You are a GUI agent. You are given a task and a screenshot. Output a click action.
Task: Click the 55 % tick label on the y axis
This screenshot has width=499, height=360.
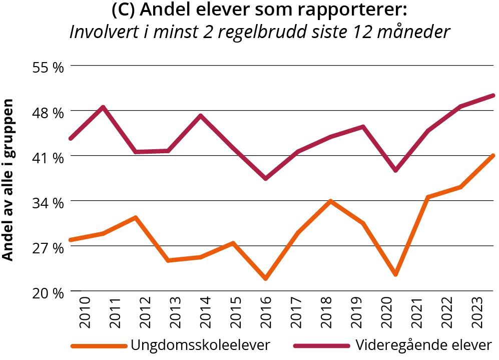tap(48, 67)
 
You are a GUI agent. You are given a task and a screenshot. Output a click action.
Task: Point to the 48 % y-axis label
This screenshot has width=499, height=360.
tap(48, 112)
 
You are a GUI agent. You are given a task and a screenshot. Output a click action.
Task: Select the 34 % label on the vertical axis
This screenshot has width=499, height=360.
tap(48, 203)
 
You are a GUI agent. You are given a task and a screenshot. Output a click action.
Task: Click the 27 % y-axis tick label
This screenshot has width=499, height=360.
tap(48, 248)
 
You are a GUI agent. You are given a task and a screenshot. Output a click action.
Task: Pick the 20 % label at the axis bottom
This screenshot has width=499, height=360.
tap(48, 293)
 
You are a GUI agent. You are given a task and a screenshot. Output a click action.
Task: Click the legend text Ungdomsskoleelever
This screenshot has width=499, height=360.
tap(200, 345)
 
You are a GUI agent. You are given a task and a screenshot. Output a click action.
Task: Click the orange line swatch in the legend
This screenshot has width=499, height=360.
tap(98, 345)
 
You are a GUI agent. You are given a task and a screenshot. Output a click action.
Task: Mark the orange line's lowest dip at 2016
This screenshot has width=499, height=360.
tap(265, 278)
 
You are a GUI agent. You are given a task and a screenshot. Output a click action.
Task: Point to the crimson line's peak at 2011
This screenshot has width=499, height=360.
tap(103, 107)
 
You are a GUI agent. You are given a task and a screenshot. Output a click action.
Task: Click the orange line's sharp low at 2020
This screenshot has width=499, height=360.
tap(395, 274)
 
